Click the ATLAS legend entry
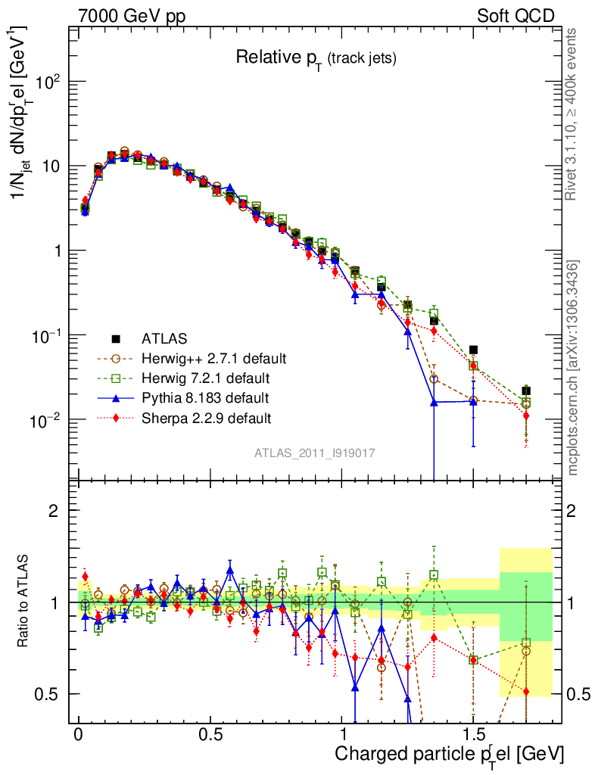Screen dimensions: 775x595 coord(165,338)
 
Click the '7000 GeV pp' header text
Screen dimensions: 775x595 coord(132,15)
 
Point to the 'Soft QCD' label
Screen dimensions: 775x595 coord(516,15)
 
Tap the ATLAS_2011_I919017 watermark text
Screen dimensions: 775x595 coord(315,453)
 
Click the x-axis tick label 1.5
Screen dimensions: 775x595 coord(472,735)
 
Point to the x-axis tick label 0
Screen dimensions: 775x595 coord(78,735)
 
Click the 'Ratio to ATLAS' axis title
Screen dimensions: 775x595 coord(25,602)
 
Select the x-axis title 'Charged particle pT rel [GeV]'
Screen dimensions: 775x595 coord(449,755)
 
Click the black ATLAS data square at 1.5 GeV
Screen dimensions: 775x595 coord(473,350)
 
